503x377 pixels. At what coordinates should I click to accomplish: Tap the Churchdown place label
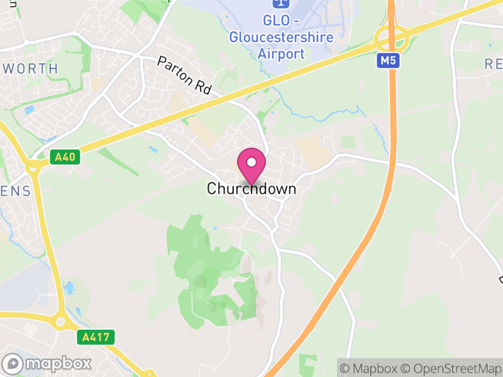pos(251,188)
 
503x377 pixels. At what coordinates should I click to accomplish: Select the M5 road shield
pos(387,61)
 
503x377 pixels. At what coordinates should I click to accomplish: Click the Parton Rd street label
pos(184,77)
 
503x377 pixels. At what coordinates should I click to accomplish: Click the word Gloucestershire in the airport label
pos(281,37)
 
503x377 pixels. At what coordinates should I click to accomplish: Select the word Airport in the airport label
pos(281,53)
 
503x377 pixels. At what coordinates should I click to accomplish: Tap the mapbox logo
pos(47,363)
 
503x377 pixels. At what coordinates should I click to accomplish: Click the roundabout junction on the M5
pos(393,39)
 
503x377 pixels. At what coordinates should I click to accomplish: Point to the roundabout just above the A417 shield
pos(61,322)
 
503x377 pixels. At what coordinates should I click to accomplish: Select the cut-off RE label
pos(493,63)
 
